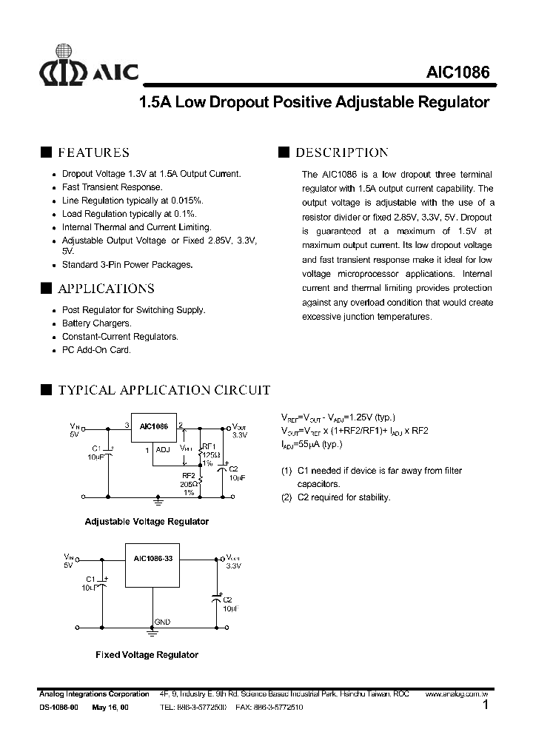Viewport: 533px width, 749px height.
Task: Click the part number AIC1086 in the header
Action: click(457, 72)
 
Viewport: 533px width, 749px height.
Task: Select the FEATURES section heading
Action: click(93, 152)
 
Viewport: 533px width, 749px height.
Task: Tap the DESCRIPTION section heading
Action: click(341, 152)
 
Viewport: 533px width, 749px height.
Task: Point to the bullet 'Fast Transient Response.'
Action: click(113, 187)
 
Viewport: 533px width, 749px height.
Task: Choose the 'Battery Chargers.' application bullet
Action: click(97, 323)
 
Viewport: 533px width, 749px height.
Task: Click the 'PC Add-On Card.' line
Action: click(96, 350)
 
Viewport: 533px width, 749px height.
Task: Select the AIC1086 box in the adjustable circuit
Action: click(153, 427)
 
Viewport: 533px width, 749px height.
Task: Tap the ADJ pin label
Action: click(162, 449)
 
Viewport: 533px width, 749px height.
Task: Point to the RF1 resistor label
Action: click(208, 446)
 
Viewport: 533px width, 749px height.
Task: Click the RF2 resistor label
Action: click(189, 475)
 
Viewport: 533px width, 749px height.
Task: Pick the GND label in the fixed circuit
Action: click(162, 622)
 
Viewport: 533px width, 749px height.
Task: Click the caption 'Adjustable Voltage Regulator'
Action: click(147, 521)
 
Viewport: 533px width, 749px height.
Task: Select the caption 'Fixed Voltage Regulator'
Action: click(147, 654)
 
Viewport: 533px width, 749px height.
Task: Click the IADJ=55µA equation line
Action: click(312, 444)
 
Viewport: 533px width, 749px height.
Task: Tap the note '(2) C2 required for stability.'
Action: click(336, 497)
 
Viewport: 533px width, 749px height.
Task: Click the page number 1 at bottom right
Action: click(486, 706)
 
